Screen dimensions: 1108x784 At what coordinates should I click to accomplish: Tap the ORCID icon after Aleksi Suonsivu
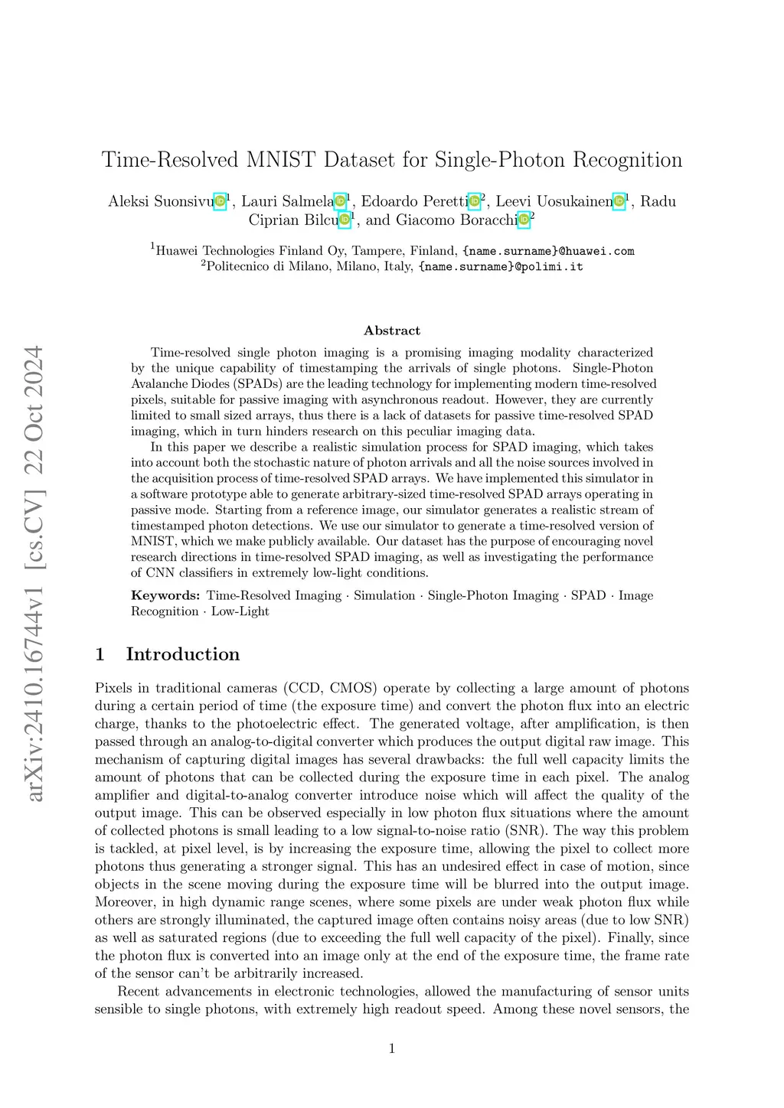pyautogui.click(x=220, y=201)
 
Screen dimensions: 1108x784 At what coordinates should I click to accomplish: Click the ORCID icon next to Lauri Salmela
pyautogui.click(x=341, y=201)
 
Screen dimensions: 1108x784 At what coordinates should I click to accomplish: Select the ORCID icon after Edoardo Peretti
pyautogui.click(x=475, y=201)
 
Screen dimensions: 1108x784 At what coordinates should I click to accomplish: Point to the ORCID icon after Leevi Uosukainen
pyautogui.click(x=619, y=201)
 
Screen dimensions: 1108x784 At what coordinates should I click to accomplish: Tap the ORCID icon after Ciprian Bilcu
pyautogui.click(x=345, y=220)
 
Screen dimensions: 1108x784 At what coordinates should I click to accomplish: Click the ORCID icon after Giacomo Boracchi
pyautogui.click(x=524, y=220)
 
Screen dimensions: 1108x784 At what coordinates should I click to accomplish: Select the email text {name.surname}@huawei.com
pyautogui.click(x=548, y=251)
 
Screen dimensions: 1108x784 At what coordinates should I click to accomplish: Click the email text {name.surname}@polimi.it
pyautogui.click(x=501, y=267)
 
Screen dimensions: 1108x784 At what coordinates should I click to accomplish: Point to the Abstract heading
pyautogui.click(x=392, y=331)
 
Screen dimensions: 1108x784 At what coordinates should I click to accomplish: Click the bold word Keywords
pyautogui.click(x=165, y=595)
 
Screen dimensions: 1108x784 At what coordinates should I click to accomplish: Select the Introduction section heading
pyautogui.click(x=183, y=654)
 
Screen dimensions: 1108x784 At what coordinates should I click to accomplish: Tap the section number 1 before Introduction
pyautogui.click(x=100, y=654)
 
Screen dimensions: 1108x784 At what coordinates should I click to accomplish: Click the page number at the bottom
pyautogui.click(x=392, y=1048)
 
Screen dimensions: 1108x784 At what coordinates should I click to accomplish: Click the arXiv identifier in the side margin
pyautogui.click(x=34, y=688)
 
